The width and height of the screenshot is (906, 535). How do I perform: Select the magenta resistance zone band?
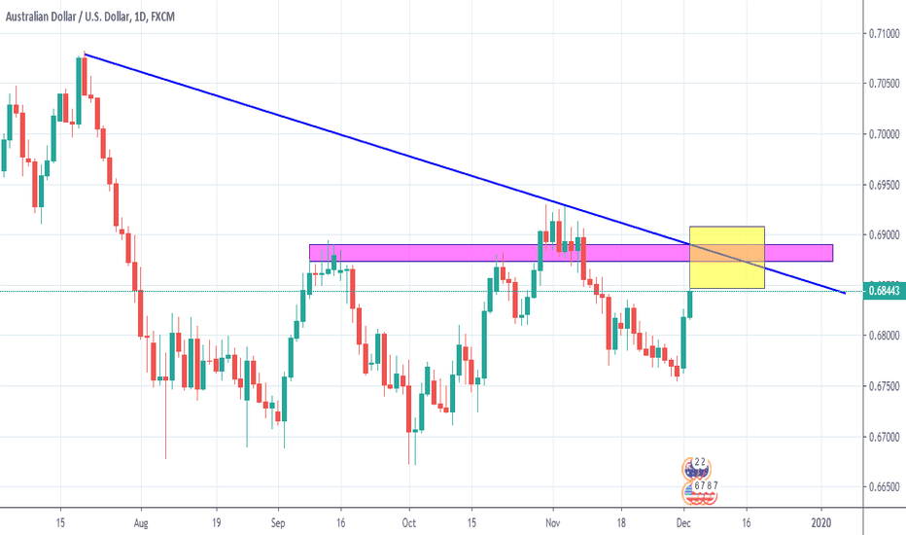click(x=486, y=253)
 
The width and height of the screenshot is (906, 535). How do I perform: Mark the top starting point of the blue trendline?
click(x=86, y=53)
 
